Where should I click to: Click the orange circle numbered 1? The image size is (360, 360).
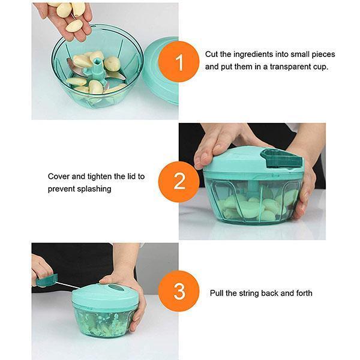[x=179, y=62]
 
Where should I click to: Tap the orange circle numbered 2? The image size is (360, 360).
[x=179, y=182]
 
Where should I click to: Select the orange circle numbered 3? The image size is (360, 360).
[x=179, y=291]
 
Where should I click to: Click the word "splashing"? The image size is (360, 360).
[x=94, y=189]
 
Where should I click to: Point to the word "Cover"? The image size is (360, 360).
[x=59, y=176]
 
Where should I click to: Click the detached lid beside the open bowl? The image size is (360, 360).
[x=161, y=71]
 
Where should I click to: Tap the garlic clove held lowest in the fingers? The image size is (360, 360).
[x=74, y=26]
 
